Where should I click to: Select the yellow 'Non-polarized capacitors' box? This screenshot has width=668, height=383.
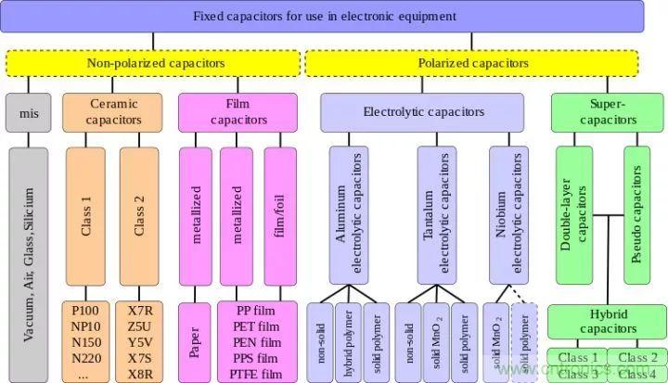[x=156, y=63]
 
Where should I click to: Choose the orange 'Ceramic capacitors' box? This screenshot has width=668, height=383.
[x=113, y=112]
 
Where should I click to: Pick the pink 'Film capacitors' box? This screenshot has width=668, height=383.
[x=238, y=112]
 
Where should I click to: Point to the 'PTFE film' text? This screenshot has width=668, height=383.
[x=257, y=373]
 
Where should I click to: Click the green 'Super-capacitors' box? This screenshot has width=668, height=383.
[x=606, y=112]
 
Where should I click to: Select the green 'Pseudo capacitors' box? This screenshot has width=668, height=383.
[x=637, y=214]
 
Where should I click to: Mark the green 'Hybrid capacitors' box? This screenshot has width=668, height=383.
[x=606, y=322]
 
